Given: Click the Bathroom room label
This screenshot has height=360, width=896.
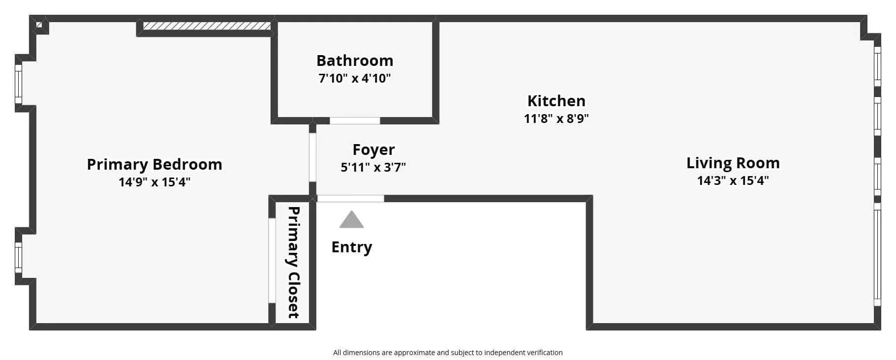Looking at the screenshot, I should tap(355, 60).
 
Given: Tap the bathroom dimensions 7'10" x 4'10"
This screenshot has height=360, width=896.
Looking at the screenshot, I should tap(355, 78).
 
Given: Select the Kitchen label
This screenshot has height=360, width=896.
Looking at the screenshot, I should tap(556, 101).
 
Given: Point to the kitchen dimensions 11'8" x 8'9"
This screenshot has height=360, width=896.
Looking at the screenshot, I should tap(556, 119).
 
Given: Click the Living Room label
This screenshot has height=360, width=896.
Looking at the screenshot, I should tap(733, 163).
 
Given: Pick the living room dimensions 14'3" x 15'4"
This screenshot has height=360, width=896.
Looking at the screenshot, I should tap(733, 180).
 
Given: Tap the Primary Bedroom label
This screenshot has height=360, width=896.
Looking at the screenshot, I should tap(154, 164).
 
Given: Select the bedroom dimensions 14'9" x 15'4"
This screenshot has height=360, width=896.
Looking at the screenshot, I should tap(154, 182).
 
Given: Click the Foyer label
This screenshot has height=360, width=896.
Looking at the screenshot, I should tap(373, 150).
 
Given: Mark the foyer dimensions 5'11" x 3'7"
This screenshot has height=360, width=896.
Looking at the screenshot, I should tap(373, 167).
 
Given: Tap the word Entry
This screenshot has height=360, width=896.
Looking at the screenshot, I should tap(351, 247).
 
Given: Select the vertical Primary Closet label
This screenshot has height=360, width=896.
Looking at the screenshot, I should tap(293, 262).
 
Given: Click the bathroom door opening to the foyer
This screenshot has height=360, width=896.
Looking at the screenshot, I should tap(355, 120).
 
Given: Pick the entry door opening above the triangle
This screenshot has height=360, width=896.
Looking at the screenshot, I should tap(350, 199).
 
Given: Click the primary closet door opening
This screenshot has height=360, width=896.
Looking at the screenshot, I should tap(272, 260).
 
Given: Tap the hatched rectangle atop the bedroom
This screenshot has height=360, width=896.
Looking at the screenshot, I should tap(207, 26).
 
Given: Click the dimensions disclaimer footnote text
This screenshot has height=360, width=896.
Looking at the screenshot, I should tap(448, 353).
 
